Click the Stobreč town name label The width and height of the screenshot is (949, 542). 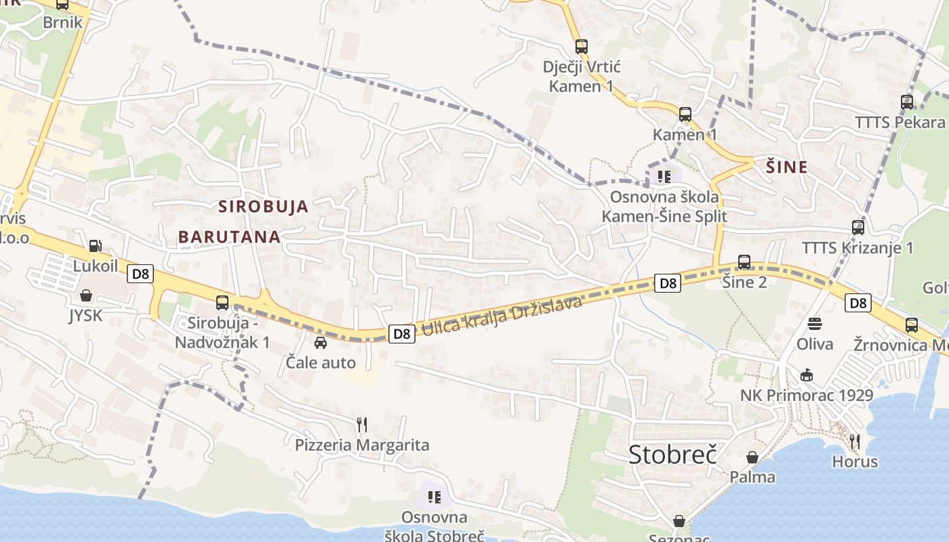[x=672, y=455]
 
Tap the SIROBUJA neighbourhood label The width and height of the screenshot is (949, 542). [x=263, y=207]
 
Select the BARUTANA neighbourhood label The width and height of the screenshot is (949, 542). [x=229, y=236]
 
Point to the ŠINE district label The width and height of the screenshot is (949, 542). [x=786, y=167]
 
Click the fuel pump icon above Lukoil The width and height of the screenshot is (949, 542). [x=96, y=245]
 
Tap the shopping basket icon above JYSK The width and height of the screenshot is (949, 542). [x=86, y=295]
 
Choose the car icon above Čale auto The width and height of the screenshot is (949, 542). [x=321, y=342]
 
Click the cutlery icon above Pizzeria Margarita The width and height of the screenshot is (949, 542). [x=362, y=425]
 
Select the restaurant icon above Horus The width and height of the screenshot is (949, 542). [x=855, y=442]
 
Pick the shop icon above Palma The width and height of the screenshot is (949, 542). [x=752, y=457]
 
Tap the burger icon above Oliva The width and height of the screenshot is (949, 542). [x=815, y=324]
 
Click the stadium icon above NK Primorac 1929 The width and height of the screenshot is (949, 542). [x=806, y=375]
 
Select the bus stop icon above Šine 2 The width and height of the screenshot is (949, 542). [x=744, y=262]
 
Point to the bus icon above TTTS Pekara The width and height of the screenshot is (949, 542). [x=907, y=102]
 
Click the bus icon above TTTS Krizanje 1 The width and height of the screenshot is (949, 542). [x=858, y=228]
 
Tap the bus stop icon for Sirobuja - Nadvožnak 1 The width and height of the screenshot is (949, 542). [x=222, y=303]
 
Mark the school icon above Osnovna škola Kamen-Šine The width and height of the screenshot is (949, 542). [x=664, y=177]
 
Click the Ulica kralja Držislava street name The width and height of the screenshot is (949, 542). [x=502, y=316]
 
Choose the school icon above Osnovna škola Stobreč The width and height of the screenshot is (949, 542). [x=435, y=497]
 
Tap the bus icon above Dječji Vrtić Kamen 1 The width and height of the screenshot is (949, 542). [x=582, y=47]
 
